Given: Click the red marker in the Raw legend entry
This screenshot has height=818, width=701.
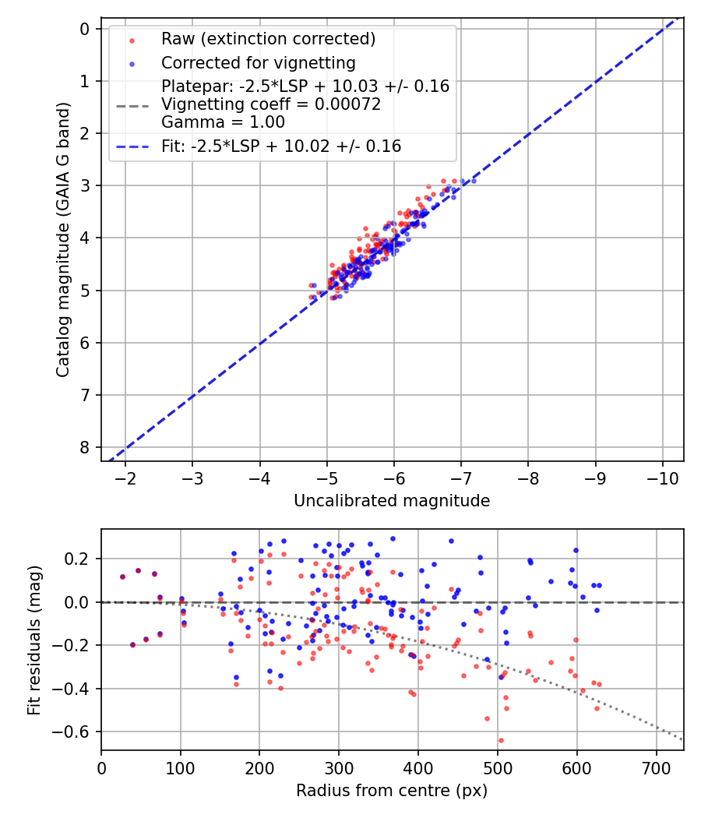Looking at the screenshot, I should [x=131, y=40].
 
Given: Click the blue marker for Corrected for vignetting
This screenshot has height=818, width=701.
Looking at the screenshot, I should [x=131, y=63].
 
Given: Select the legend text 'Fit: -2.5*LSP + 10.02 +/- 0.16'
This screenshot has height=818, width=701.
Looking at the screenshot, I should [x=281, y=146].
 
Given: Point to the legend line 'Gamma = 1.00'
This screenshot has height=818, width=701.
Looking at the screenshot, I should [x=223, y=122].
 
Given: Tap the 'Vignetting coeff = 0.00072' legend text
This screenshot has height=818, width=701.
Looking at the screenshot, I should [x=271, y=104].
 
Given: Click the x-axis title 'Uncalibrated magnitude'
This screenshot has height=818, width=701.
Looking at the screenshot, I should [x=392, y=501].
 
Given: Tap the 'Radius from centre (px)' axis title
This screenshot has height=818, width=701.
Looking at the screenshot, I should [x=392, y=791].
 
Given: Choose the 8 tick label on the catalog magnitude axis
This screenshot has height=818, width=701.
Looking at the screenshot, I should [x=85, y=447].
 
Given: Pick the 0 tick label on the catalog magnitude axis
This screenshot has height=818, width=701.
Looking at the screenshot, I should [x=85, y=29].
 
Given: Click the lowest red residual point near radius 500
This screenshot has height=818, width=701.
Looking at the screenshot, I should [x=501, y=740].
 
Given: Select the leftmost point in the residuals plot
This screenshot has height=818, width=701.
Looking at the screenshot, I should [x=122, y=576].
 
